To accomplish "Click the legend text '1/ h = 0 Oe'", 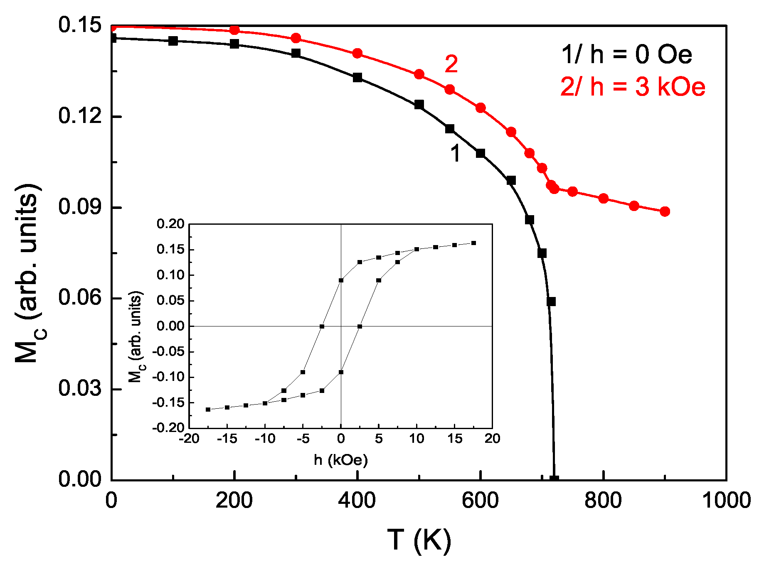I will [626, 55].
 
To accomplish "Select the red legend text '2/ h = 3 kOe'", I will [632, 87].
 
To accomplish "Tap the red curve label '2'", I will [451, 64].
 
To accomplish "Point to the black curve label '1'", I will [456, 153].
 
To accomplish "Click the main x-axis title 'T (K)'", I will [419, 540].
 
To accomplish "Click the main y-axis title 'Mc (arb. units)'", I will [28, 274].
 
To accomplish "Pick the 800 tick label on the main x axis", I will [603, 501].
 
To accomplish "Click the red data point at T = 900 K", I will [665, 211].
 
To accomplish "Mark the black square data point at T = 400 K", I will [357, 77].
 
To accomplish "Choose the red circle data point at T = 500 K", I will [419, 74].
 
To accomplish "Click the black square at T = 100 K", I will [173, 41].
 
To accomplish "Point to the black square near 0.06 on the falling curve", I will [551, 302].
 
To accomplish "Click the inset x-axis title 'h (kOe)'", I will [341, 460].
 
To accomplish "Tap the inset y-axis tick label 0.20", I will [170, 224].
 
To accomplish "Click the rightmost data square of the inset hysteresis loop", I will [473, 243].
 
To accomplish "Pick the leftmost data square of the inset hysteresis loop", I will [208, 410].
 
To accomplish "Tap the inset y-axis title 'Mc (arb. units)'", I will [136, 336].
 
